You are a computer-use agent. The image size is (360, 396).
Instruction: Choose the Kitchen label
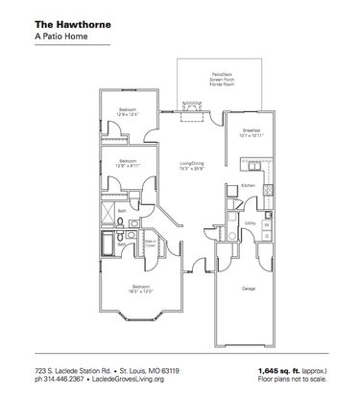248,185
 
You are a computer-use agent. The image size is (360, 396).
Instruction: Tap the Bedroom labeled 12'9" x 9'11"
128,162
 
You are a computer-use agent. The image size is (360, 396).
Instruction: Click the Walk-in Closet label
150,244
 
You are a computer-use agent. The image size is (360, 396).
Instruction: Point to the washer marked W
266,226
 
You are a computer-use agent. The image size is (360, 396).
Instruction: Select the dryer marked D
266,210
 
